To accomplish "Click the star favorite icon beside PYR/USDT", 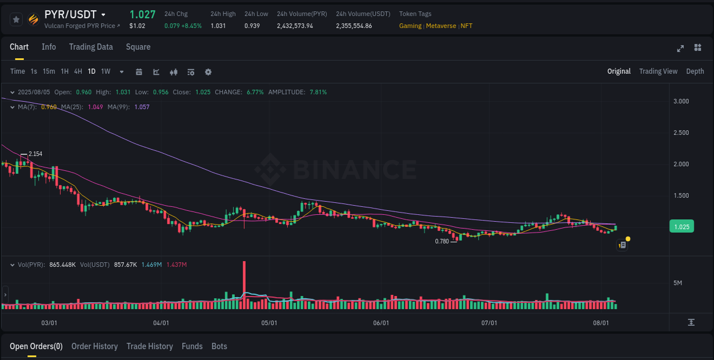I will [17, 19].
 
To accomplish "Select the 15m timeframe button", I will [49, 71].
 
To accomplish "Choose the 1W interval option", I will [106, 71].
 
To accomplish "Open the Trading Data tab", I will [91, 47].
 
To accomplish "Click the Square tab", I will [138, 47].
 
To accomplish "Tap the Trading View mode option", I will [658, 71].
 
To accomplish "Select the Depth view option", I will [695, 71].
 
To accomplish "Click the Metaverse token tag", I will [441, 26].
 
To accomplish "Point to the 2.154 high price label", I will [35, 154].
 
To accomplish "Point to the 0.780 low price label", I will [442, 241].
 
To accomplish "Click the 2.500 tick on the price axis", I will [680, 133].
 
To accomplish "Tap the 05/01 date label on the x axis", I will [269, 323].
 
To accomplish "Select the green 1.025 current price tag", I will [681, 227].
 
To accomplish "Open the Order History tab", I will [94, 346].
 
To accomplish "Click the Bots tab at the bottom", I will [219, 346].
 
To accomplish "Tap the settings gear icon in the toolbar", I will [208, 72].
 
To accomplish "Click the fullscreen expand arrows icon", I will [680, 48].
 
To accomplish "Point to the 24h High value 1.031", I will [218, 26].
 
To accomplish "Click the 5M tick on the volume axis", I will [678, 283].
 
